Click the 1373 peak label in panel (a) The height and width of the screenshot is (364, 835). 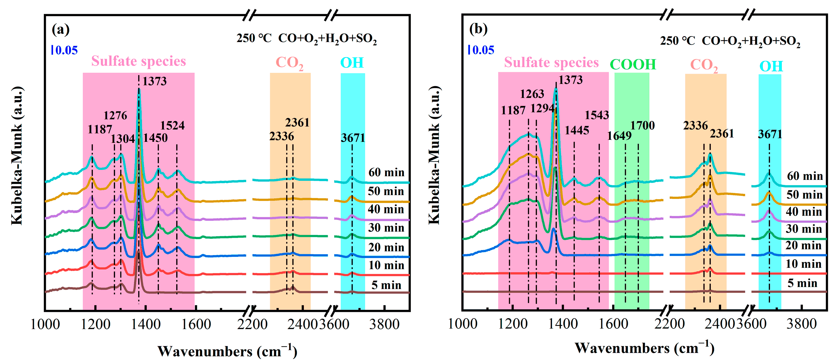point(155,81)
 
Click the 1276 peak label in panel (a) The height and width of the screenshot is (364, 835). point(115,115)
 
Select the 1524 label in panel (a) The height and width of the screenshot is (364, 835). point(172,125)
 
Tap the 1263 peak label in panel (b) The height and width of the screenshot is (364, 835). point(532,94)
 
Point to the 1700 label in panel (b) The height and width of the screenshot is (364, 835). point(642,125)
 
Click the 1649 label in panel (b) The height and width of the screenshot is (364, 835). point(619,136)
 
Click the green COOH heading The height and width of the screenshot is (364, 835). point(633,64)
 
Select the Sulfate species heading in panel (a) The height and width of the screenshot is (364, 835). point(138,61)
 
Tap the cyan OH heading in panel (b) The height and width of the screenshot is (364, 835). point(771,67)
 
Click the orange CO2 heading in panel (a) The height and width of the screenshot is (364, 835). point(290,63)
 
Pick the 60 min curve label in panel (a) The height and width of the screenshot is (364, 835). point(386,172)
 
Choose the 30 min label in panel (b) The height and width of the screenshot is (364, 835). point(804,229)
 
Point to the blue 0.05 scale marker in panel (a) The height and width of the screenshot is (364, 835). point(65,50)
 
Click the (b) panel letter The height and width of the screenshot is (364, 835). point(479,29)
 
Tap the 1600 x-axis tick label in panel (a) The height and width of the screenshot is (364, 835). point(196,324)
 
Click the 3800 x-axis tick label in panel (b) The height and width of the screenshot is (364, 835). point(801,324)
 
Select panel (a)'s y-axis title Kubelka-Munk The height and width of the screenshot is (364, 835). point(17,155)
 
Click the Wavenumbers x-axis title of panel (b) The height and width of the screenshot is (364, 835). point(645,348)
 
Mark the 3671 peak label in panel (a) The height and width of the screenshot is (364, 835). point(353,138)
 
